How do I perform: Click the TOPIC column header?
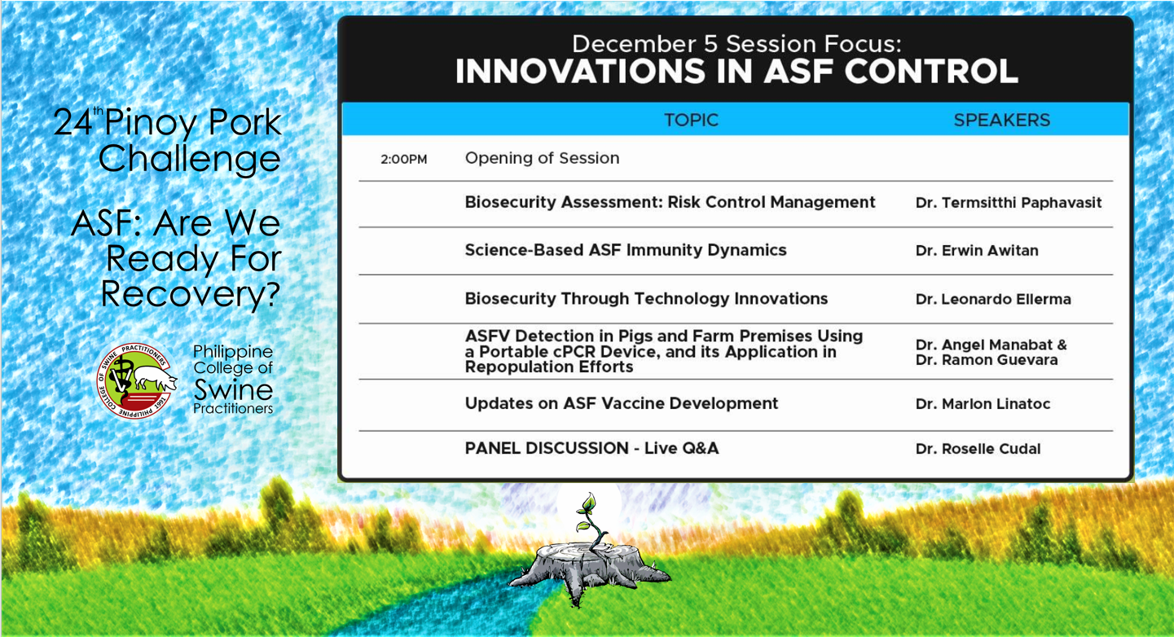pyautogui.click(x=692, y=120)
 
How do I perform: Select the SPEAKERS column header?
pyautogui.click(x=1001, y=120)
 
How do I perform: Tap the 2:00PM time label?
pyautogui.click(x=403, y=160)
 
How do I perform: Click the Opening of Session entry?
pyautogui.click(x=542, y=158)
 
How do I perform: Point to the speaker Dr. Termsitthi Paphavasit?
pyautogui.click(x=1009, y=203)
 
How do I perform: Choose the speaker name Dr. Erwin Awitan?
pyautogui.click(x=977, y=250)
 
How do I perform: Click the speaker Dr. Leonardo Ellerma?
pyautogui.click(x=993, y=299)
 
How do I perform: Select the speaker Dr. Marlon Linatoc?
pyautogui.click(x=983, y=404)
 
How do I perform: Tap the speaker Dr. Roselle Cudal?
pyautogui.click(x=978, y=449)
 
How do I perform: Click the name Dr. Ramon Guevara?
pyautogui.click(x=987, y=360)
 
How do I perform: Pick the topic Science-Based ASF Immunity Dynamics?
pyautogui.click(x=626, y=250)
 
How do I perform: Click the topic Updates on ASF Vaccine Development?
pyautogui.click(x=622, y=403)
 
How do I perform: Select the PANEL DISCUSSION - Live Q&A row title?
pyautogui.click(x=591, y=448)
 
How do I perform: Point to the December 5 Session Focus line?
pyautogui.click(x=736, y=44)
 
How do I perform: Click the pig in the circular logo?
pyautogui.click(x=155, y=377)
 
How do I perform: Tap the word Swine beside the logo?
pyautogui.click(x=233, y=389)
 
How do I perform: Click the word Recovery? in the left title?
pyautogui.click(x=191, y=294)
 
